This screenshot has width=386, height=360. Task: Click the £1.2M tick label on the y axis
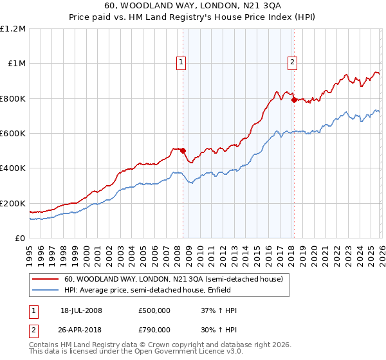(13, 29)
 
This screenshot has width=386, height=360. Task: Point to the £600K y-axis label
(13, 134)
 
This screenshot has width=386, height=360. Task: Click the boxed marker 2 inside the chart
(292, 62)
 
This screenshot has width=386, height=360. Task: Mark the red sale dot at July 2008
(183, 151)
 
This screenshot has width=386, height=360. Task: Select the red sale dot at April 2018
(293, 100)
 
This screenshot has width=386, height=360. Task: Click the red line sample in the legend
(46, 279)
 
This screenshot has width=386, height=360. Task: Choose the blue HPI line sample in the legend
(46, 291)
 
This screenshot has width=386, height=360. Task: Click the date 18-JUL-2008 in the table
(81, 310)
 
